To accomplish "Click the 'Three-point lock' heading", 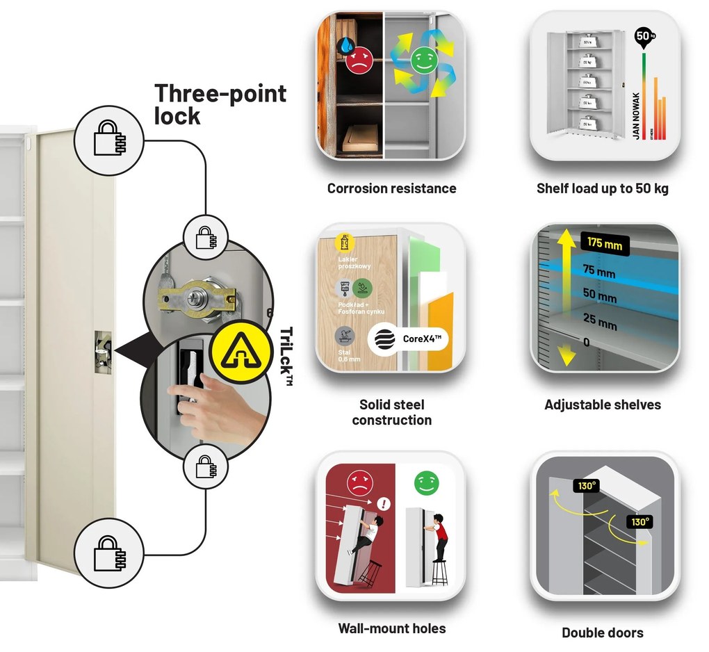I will click(x=220, y=104).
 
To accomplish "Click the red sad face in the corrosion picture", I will click(x=358, y=60).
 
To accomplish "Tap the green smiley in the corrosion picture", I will click(x=421, y=60).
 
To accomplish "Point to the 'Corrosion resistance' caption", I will click(x=391, y=188).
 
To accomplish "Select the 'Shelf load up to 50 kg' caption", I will click(x=602, y=188).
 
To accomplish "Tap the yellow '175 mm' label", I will click(x=604, y=244).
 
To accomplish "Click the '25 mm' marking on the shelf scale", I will click(x=598, y=323).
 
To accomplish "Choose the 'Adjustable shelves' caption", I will click(x=602, y=405).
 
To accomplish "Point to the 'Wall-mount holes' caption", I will click(x=391, y=628).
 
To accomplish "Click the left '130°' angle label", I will click(x=587, y=486).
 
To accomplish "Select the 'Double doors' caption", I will click(x=602, y=633).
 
